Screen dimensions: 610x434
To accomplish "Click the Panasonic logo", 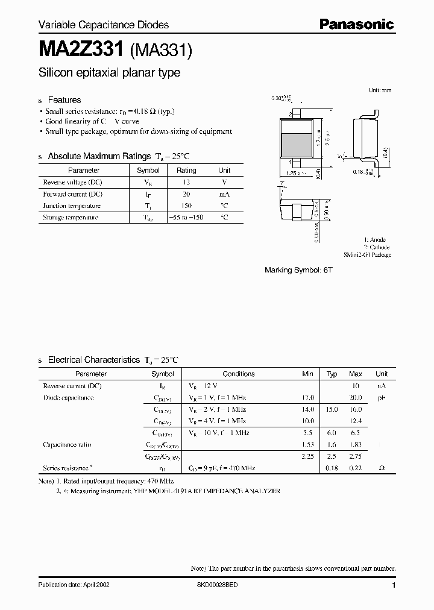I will (x=356, y=25).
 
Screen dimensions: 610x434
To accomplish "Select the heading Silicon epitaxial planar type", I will (x=109, y=73).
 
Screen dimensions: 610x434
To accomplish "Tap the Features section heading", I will (x=64, y=100).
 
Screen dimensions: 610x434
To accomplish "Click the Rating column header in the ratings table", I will (x=186, y=171).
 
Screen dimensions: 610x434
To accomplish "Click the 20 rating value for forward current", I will (x=186, y=194).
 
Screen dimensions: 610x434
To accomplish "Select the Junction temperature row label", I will (x=72, y=206).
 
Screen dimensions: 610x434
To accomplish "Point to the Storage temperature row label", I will (x=71, y=218).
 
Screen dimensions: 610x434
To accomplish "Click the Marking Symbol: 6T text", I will (x=298, y=271).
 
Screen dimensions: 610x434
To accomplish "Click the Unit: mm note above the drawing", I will (x=380, y=90).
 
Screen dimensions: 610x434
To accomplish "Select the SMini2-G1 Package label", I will (x=368, y=255).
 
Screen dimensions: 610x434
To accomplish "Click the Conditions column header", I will (x=239, y=374).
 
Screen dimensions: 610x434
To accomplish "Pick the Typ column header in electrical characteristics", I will (x=332, y=374).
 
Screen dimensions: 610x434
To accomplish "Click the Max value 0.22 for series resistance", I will (x=355, y=468).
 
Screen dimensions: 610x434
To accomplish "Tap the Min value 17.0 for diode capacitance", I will (x=307, y=398).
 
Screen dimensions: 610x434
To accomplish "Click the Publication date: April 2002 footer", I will (x=74, y=585).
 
